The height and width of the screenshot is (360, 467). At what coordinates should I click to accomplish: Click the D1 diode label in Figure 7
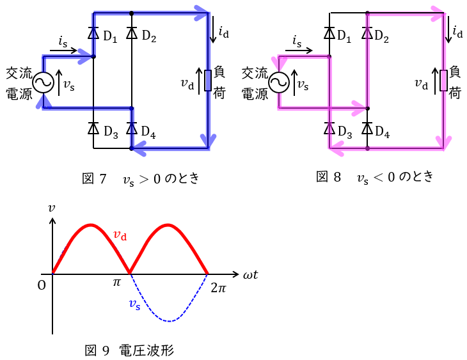click(x=110, y=37)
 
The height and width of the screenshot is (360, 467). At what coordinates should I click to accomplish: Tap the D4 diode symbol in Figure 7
click(x=131, y=129)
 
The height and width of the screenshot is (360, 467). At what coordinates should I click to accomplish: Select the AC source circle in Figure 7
click(x=44, y=82)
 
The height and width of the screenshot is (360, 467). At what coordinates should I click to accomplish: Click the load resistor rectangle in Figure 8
click(x=444, y=81)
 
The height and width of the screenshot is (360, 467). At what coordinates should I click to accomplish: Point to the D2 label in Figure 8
click(x=381, y=36)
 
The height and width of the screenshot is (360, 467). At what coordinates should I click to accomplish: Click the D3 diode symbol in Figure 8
click(x=329, y=129)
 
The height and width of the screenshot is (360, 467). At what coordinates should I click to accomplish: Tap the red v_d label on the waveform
click(x=120, y=235)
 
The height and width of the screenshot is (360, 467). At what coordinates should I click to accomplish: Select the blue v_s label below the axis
click(x=134, y=304)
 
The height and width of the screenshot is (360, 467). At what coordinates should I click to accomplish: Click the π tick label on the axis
click(x=116, y=282)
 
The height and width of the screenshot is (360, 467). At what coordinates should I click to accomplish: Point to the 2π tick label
click(x=218, y=288)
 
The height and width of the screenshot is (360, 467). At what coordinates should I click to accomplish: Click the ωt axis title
click(x=251, y=274)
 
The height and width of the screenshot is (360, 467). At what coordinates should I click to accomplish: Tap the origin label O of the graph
click(x=42, y=286)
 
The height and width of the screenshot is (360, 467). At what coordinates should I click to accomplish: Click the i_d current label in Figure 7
click(x=224, y=32)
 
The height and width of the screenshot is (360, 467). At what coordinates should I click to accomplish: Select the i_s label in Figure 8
click(x=297, y=41)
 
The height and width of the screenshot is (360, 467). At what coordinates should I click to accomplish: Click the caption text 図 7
click(x=94, y=178)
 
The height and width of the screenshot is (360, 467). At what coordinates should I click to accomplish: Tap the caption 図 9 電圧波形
click(x=129, y=350)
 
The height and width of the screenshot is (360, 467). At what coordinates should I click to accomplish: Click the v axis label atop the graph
click(x=52, y=208)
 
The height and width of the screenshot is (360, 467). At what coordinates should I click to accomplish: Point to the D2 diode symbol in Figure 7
click(x=131, y=33)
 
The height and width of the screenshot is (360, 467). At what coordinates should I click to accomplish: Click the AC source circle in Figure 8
click(x=279, y=82)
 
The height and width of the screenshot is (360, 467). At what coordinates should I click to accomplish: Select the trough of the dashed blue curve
click(x=170, y=321)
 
